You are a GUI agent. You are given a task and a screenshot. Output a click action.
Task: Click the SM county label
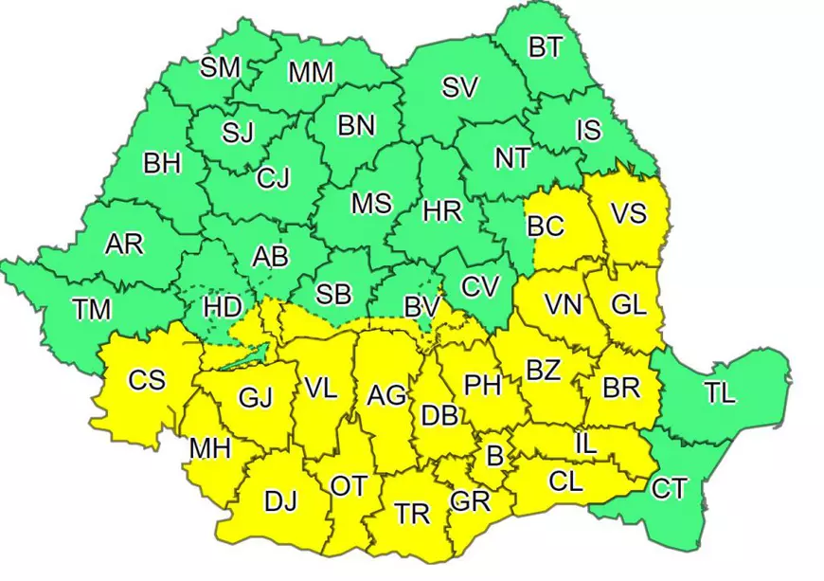pyautogui.click(x=221, y=68)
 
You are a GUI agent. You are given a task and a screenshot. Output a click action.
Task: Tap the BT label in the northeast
pyautogui.click(x=546, y=48)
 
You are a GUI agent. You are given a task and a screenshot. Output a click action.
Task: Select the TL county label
pyautogui.click(x=720, y=393)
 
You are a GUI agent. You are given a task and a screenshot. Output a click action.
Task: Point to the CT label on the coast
pyautogui.click(x=670, y=489)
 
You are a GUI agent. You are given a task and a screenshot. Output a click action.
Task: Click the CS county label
pyautogui.click(x=147, y=381)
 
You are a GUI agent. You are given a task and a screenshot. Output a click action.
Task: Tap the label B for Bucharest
pyautogui.click(x=493, y=457)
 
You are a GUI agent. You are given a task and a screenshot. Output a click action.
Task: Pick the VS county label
pyautogui.click(x=628, y=214)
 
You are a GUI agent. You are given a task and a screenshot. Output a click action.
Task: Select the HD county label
pyautogui.click(x=224, y=309)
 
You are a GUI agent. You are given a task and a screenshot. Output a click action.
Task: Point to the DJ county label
pyautogui.click(x=280, y=502)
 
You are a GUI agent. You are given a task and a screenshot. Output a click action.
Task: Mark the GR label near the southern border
pyautogui.click(x=470, y=501)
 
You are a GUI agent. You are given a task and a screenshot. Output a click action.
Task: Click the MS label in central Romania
pyautogui.click(x=371, y=204)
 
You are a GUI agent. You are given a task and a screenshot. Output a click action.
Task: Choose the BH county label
pyautogui.click(x=162, y=163)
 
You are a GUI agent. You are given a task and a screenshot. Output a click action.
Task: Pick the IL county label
pyautogui.click(x=585, y=442)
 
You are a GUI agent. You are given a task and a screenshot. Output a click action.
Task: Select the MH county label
pyautogui.click(x=210, y=447)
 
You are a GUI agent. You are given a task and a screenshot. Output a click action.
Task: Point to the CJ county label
pyautogui.click(x=273, y=177)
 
